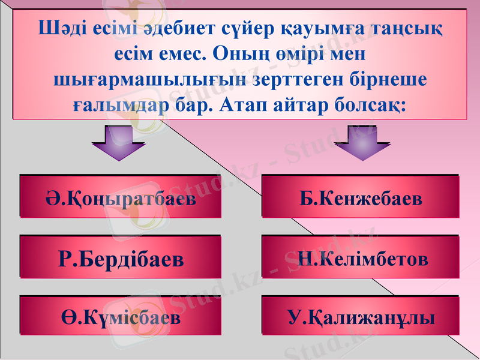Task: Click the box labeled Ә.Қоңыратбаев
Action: point(121,197)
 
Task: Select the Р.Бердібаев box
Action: point(121,258)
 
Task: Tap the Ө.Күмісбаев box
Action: point(121,316)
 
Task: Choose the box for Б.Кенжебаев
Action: point(361,197)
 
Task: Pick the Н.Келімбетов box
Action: point(361,258)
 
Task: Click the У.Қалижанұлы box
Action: point(361,316)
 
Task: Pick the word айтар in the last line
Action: point(307,106)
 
